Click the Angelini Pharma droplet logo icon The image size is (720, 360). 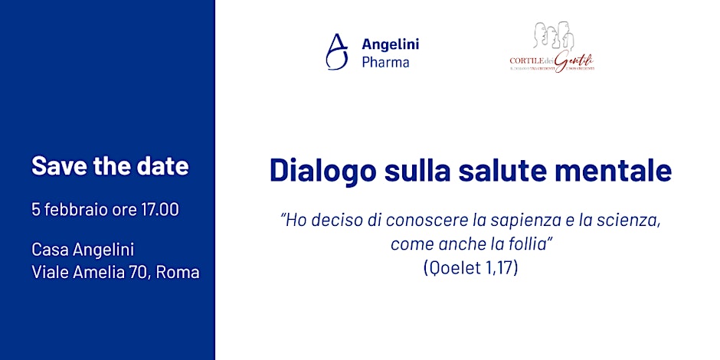335,52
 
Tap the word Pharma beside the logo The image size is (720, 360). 385,62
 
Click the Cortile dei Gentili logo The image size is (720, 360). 551,47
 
